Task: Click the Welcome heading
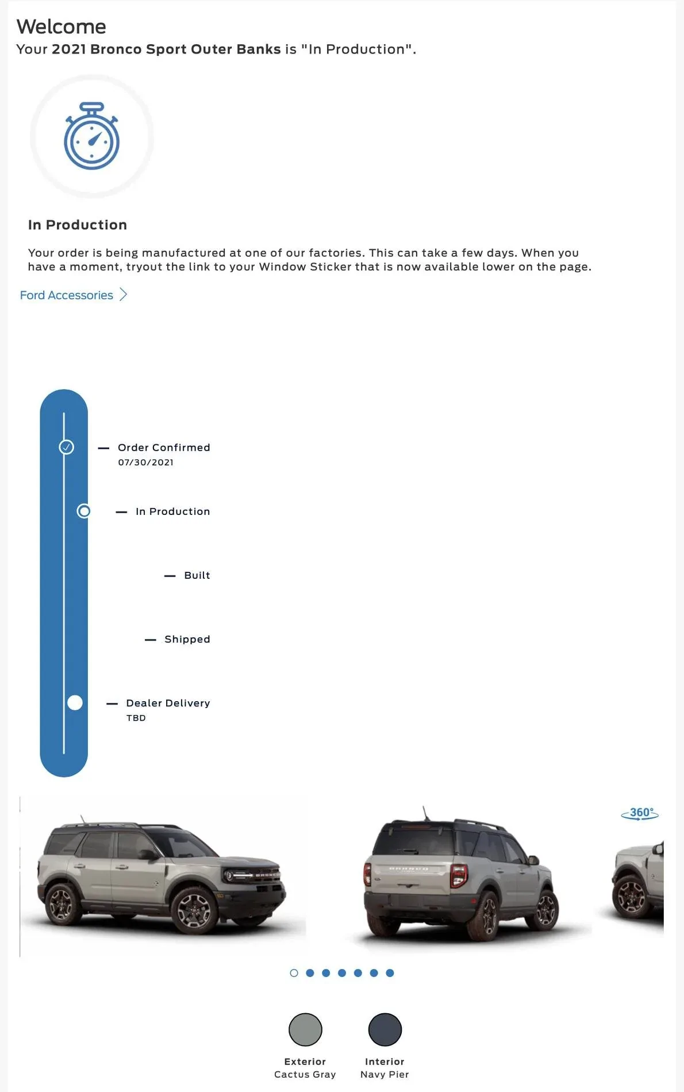[x=62, y=26]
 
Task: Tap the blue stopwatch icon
[x=91, y=137]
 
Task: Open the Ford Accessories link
[x=67, y=295]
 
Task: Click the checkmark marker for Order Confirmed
[x=67, y=447]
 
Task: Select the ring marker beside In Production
[x=84, y=511]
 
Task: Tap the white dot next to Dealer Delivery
[x=75, y=702]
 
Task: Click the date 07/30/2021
[x=145, y=462]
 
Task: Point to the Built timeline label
[x=197, y=575]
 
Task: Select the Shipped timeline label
[x=187, y=639]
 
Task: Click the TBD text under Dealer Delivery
[x=136, y=718]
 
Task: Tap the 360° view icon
[x=640, y=813]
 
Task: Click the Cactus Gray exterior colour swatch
[x=305, y=1029]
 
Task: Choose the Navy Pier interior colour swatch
[x=385, y=1029]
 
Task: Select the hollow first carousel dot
[x=294, y=973]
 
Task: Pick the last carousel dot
[x=390, y=973]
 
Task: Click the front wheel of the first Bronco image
[x=194, y=910]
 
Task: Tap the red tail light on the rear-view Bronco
[x=459, y=875]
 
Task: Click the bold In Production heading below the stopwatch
[x=78, y=225]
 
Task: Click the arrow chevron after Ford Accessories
[x=123, y=295]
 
